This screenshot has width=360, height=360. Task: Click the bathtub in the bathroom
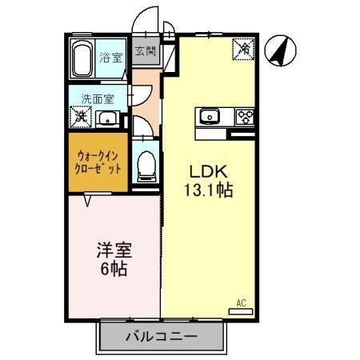83,58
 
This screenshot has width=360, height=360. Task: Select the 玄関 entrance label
146,53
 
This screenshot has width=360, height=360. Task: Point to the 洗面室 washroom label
97,99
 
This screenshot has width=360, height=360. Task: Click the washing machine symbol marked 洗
81,117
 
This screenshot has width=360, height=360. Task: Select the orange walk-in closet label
98,163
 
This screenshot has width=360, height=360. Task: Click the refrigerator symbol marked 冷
243,49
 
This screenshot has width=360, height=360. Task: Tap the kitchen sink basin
210,116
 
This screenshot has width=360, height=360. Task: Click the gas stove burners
243,117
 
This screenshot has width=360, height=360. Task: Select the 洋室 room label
116,249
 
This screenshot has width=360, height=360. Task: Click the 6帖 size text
116,269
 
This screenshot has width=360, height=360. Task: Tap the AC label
241,302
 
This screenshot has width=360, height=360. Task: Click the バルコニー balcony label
160,336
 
